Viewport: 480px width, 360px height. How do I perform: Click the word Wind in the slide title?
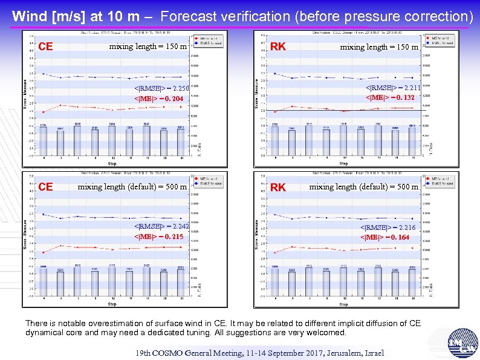pos(27,16)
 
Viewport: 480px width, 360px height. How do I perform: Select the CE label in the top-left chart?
pos(45,47)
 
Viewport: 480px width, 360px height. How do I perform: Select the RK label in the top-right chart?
pos(278,47)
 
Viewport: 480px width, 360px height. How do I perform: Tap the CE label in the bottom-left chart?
pos(45,187)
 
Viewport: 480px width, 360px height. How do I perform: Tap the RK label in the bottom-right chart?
pos(278,188)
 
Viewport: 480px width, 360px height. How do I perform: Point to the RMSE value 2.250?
pos(181,89)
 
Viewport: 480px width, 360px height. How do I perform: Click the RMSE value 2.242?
pos(181,226)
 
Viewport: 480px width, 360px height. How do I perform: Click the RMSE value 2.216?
pos(407,227)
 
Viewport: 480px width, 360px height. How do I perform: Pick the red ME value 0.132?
pos(403,97)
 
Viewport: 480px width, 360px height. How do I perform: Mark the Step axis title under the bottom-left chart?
pos(112,304)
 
